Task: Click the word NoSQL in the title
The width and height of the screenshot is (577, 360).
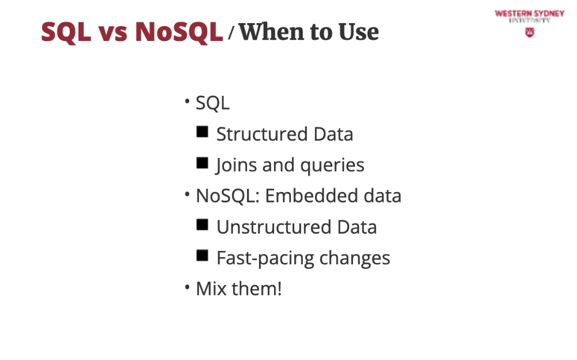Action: coord(179,32)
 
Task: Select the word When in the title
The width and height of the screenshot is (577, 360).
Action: coord(272,32)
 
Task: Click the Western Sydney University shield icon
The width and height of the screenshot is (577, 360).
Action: coord(529,32)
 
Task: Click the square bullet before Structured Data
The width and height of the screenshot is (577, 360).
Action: coord(202,132)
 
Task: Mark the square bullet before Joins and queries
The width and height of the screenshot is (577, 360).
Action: coord(202,162)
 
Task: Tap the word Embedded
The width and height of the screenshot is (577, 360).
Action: coord(312,196)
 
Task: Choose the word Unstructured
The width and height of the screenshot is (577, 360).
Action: coord(273,227)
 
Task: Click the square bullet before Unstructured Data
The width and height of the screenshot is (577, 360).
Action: coord(202,224)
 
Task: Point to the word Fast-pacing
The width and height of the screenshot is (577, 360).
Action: coord(265,258)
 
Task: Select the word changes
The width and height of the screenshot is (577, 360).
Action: coord(355,258)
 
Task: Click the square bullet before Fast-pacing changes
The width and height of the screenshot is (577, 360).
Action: coord(202,255)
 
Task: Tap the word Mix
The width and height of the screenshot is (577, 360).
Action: coord(211,288)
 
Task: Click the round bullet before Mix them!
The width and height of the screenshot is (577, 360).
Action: coord(188,286)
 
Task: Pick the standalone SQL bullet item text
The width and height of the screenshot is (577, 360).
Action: coord(213,103)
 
